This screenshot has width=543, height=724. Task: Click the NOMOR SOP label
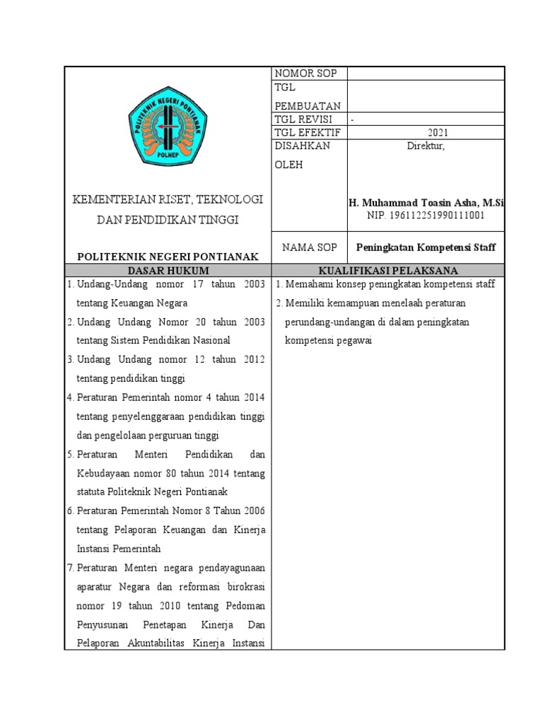[305, 74]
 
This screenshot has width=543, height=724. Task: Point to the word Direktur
[426, 146]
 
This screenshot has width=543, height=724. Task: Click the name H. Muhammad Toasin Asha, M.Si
[426, 203]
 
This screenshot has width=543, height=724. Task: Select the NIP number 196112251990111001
[426, 215]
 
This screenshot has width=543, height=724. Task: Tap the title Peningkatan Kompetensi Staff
[426, 247]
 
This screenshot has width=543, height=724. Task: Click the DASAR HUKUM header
[168, 271]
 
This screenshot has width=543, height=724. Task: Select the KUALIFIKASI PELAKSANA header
[388, 271]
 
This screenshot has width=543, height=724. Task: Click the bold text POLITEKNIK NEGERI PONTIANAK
[168, 256]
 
